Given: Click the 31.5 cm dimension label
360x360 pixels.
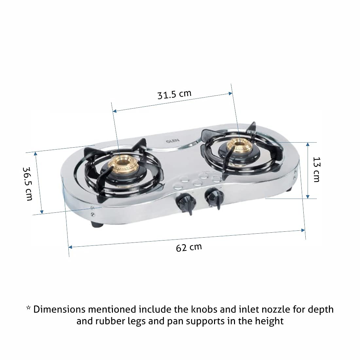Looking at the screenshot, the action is coord(174,94).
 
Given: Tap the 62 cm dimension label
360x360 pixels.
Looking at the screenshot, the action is coord(189,247).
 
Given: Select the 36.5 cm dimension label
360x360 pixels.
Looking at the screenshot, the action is coord(27,184).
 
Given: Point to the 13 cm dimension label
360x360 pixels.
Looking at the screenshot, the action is coord(317,170).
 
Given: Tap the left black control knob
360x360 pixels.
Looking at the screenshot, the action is coord(186,203).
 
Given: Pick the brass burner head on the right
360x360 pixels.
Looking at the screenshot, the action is coord(239,146).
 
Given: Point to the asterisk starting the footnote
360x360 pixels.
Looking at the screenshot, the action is coord(28,308).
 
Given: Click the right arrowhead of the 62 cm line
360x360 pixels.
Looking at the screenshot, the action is coord(303,230).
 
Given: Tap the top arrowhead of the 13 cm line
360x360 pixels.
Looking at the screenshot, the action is coord(308,144).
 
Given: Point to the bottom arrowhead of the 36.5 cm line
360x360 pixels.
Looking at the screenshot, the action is coord(42,211).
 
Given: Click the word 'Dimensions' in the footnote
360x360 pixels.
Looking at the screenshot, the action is coord(59,309).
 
